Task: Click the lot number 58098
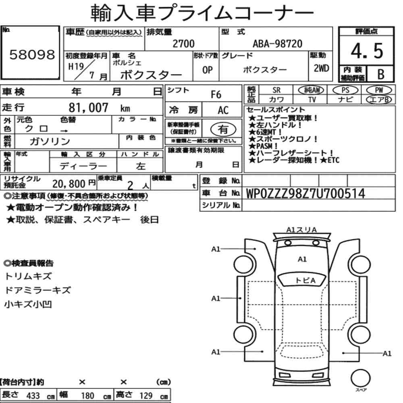click(32, 54)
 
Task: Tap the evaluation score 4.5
click(367, 51)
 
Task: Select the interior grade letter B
click(381, 74)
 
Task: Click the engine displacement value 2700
click(183, 44)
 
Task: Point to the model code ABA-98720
click(277, 44)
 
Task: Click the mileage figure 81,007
click(88, 108)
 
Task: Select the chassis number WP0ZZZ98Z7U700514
click(305, 193)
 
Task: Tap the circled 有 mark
click(223, 129)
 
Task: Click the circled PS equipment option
click(345, 90)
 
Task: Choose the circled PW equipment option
click(379, 90)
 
